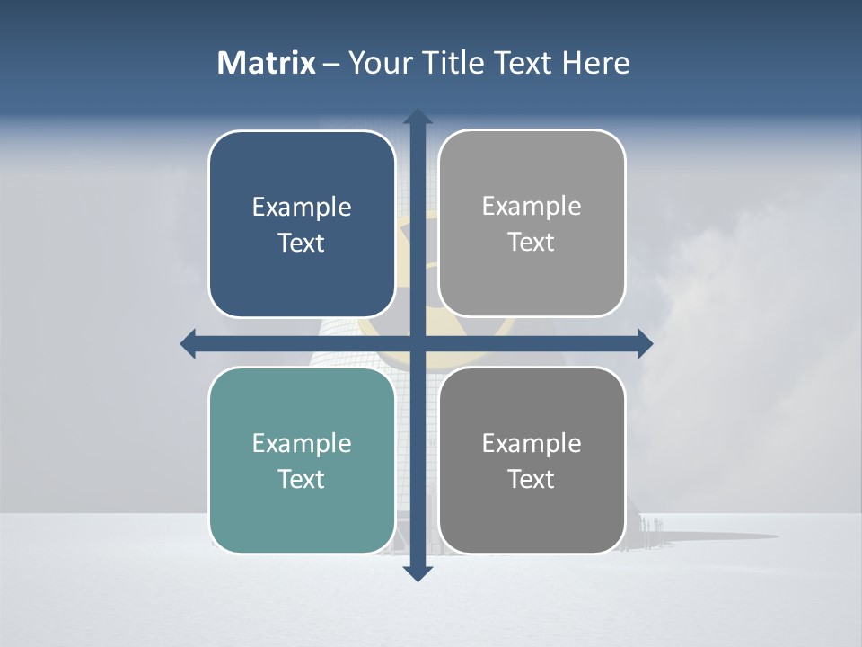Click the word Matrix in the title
(x=267, y=63)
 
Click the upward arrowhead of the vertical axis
(x=418, y=117)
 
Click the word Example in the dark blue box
(x=302, y=208)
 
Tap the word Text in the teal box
(x=302, y=479)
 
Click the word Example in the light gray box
(x=532, y=207)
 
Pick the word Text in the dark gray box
(x=532, y=479)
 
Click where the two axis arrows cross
(x=418, y=343)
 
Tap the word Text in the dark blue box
(x=302, y=243)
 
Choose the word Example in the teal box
(x=302, y=443)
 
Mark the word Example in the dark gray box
(x=532, y=443)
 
